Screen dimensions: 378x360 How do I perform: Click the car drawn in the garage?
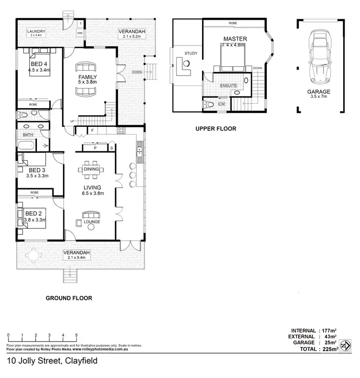pyautogui.click(x=319, y=57)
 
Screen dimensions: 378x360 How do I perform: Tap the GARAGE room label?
pyautogui.click(x=319, y=91)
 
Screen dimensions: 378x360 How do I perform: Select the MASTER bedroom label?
pyautogui.click(x=235, y=38)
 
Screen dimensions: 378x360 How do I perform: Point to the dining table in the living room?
pyautogui.click(x=92, y=170)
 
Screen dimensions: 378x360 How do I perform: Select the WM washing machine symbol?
pyautogui.click(x=80, y=33)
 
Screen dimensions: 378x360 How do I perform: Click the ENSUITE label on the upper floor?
pyautogui.click(x=228, y=85)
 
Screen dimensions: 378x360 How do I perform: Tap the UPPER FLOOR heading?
pyautogui.click(x=216, y=129)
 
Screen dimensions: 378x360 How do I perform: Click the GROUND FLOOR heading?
pyautogui.click(x=69, y=298)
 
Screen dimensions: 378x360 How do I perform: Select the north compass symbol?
pyautogui.click(x=345, y=345)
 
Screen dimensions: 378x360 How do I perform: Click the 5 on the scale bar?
pyautogui.click(x=76, y=335)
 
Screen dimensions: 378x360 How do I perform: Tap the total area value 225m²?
pyautogui.click(x=327, y=349)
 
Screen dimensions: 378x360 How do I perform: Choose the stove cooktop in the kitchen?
pyautogui.click(x=121, y=129)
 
